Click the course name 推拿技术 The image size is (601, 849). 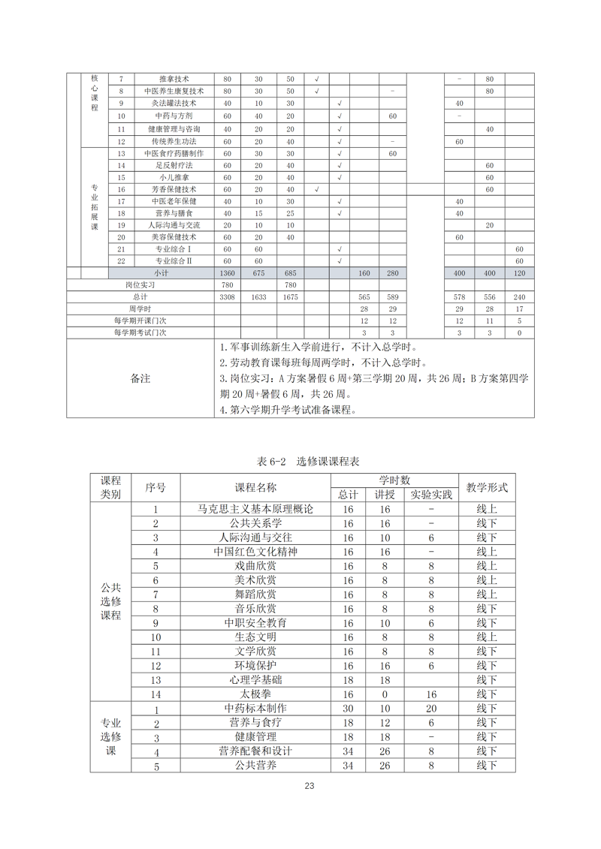click(x=174, y=79)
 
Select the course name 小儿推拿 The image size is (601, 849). click(x=174, y=177)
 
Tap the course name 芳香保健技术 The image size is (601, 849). click(x=174, y=189)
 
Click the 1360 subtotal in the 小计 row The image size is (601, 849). click(x=228, y=273)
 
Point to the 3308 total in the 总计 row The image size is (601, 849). click(x=228, y=297)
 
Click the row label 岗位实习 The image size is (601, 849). click(x=140, y=285)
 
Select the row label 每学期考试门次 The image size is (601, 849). click(x=140, y=333)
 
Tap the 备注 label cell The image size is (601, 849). click(x=140, y=378)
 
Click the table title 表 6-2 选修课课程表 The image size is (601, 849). click(x=302, y=461)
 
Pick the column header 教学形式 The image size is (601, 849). click(x=487, y=487)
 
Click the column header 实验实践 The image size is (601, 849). click(x=431, y=495)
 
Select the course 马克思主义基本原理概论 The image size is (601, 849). click(x=255, y=509)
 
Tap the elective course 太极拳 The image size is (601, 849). click(x=255, y=694)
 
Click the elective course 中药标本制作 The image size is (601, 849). click(x=255, y=709)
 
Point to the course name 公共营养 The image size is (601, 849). click(x=255, y=766)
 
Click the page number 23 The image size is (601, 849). click(x=309, y=786)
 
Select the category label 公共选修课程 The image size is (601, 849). click(x=110, y=601)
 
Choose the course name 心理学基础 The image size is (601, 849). click(x=255, y=680)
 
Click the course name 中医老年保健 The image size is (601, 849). click(x=174, y=201)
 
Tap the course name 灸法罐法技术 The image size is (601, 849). click(x=174, y=104)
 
